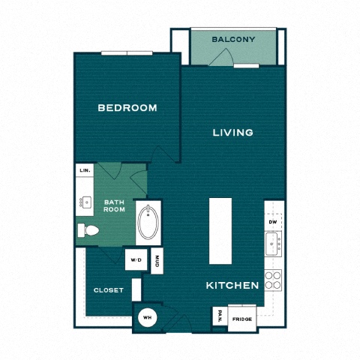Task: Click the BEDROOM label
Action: click(127, 108)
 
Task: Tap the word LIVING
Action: click(233, 133)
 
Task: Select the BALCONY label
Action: click(233, 39)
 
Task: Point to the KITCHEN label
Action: click(232, 286)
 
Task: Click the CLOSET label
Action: click(109, 290)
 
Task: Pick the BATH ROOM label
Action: click(114, 205)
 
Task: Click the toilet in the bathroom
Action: click(88, 230)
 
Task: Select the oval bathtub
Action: click(148, 223)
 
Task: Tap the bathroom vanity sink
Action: click(85, 202)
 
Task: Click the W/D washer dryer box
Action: click(136, 259)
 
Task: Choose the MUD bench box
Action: click(157, 260)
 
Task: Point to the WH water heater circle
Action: click(148, 318)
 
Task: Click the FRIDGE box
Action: click(242, 319)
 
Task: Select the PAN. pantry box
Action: click(220, 316)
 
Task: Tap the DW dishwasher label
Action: click(273, 222)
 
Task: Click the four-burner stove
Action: click(273, 280)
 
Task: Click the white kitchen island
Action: click(220, 231)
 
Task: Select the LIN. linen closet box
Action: click(85, 170)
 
